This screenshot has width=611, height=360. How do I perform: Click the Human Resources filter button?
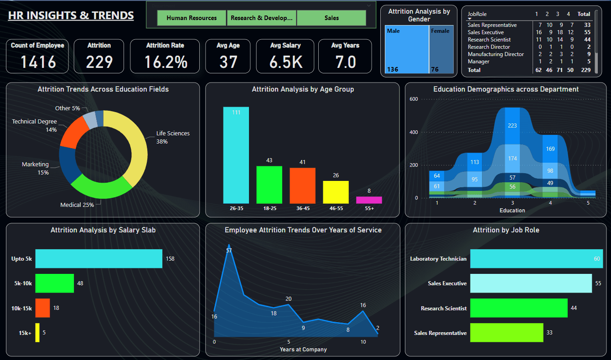pyautogui.click(x=192, y=18)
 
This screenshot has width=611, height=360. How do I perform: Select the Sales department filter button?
pyautogui.click(x=331, y=18)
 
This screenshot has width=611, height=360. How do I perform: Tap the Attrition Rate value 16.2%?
pyautogui.click(x=166, y=62)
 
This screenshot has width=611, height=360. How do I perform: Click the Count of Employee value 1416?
pyautogui.click(x=38, y=62)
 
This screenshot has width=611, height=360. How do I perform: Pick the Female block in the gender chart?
pyautogui.click(x=441, y=49)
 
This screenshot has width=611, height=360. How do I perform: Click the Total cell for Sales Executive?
pyautogui.click(x=587, y=32)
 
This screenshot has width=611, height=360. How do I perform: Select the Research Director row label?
pyautogui.click(x=489, y=47)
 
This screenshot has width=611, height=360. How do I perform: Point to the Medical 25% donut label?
pyautogui.click(x=77, y=205)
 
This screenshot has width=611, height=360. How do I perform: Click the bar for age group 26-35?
pyautogui.click(x=236, y=155)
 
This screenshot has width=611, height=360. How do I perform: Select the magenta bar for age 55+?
pyautogui.click(x=369, y=200)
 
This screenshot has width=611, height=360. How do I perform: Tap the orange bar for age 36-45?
pyautogui.click(x=302, y=185)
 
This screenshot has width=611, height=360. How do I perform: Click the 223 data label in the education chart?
pyautogui.click(x=513, y=125)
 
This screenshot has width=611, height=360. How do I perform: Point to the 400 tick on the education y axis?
pyautogui.click(x=414, y=132)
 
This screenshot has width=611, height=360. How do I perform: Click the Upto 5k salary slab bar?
pyautogui.click(x=98, y=258)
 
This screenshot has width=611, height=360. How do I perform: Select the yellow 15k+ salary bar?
pyautogui.click(x=37, y=333)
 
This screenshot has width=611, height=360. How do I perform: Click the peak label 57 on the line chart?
pyautogui.click(x=229, y=251)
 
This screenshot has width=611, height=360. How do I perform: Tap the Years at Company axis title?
pyautogui.click(x=303, y=350)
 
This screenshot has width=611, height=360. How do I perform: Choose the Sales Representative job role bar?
pyautogui.click(x=507, y=333)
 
